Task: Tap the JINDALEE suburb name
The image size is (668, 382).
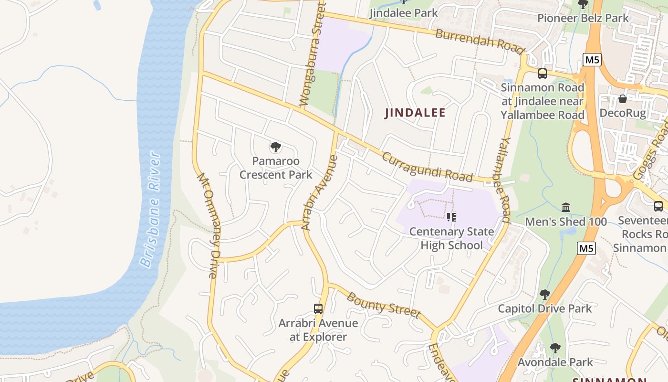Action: tap(415, 113)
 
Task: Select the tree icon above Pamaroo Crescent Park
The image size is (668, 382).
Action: tap(275, 147)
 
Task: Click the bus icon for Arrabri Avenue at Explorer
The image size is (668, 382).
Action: tap(318, 309)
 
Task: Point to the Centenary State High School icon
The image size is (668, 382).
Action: tap(451, 217)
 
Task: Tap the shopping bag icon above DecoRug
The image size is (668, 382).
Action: tap(622, 99)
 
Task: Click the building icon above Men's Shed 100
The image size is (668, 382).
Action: tap(566, 207)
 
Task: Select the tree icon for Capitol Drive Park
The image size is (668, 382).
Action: tap(544, 294)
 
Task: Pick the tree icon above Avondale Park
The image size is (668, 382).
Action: tap(555, 348)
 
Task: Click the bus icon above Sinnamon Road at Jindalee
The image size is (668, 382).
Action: tap(543, 74)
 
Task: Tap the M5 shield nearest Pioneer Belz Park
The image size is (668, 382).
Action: tap(592, 60)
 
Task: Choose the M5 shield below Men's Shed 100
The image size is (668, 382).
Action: tap(586, 248)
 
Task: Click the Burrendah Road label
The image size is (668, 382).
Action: tap(480, 41)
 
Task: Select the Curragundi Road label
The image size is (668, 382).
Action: tap(427, 167)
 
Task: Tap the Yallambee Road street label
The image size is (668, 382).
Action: tap(505, 181)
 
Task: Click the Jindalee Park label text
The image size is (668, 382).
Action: tap(404, 12)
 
